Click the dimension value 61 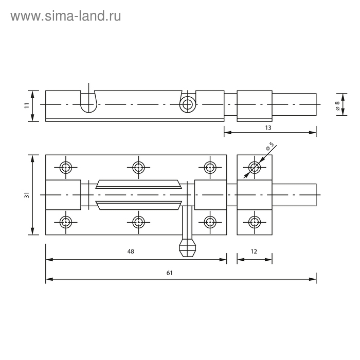169,273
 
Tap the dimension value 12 254,251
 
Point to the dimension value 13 268,127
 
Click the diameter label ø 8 337,105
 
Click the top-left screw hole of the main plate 66,167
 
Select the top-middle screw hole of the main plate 138,167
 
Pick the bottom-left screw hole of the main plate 66,222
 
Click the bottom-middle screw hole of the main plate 138,222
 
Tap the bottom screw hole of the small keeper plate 254,222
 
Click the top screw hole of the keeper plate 254,167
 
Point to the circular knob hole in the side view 188,104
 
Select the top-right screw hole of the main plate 210,167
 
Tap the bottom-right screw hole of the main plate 210,222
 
